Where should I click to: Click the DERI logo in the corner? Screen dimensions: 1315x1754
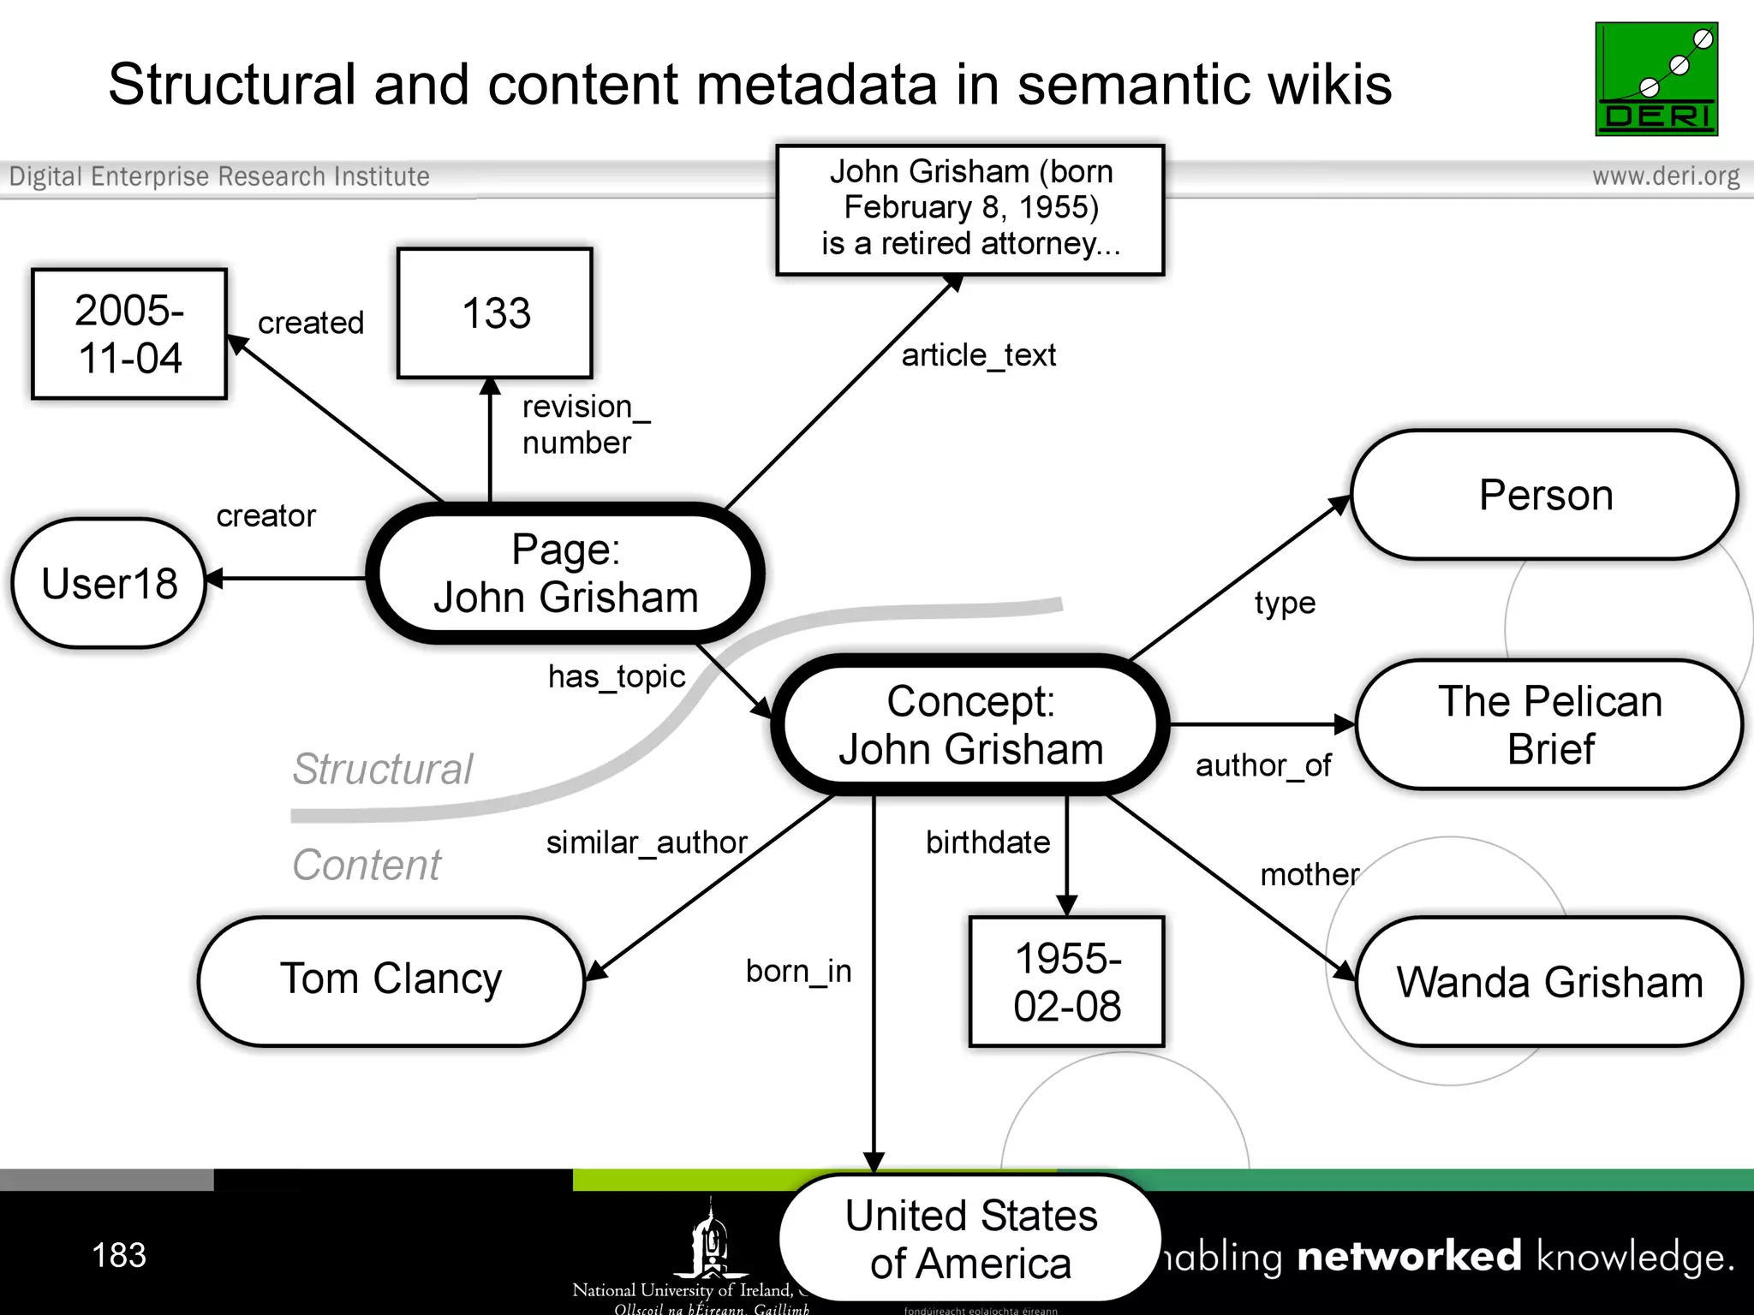1656,79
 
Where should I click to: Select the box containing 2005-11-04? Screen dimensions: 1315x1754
129,334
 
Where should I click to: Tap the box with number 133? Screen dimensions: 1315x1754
495,313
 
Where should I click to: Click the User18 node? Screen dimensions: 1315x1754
109,583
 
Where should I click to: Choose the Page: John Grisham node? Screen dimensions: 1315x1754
565,574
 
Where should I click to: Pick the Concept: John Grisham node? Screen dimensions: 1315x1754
970,725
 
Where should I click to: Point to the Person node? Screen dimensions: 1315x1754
1545,495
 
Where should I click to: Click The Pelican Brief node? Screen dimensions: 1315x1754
1549,724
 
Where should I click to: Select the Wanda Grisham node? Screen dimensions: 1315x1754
1549,982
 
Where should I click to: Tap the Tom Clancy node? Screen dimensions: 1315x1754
391,980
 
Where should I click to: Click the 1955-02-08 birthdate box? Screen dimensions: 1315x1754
1066,982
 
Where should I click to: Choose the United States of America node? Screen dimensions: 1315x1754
970,1239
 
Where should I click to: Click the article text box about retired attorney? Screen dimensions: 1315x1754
970,208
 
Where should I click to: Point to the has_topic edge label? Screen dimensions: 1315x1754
617,677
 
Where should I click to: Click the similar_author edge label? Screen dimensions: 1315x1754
647,843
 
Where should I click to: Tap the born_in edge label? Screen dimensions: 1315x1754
798,972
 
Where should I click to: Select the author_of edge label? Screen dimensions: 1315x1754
1263,765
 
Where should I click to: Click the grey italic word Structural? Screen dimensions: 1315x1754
382,769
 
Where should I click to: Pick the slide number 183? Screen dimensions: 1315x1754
119,1255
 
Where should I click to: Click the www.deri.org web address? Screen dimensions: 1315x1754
1665,176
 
